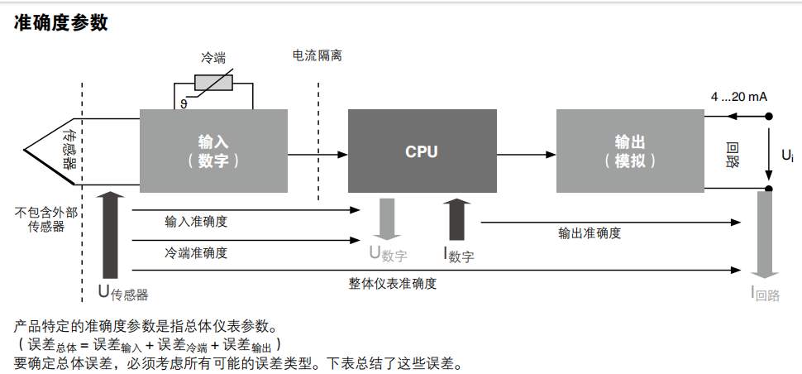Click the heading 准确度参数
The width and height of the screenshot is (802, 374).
click(61, 22)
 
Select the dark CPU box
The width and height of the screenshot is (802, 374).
click(421, 151)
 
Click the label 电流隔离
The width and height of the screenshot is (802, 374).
click(317, 55)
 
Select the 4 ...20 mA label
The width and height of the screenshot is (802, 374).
click(738, 97)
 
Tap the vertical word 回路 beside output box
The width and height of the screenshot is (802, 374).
click(732, 155)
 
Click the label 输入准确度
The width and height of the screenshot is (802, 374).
click(196, 221)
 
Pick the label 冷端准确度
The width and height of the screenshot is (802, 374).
click(196, 252)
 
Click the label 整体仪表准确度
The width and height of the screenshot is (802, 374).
click(392, 283)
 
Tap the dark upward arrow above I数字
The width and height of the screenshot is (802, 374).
click(457, 218)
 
